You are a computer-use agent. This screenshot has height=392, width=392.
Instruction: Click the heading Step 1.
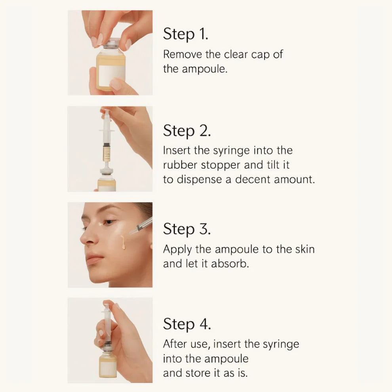click(x=185, y=34)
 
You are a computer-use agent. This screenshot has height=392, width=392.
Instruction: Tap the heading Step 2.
click(x=186, y=131)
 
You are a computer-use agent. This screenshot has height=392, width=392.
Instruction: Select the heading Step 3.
click(x=187, y=228)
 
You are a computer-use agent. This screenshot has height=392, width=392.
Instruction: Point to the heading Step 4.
click(x=187, y=324)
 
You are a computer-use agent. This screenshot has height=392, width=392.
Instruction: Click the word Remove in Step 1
click(x=183, y=54)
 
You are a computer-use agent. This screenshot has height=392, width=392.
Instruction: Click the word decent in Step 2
click(x=254, y=179)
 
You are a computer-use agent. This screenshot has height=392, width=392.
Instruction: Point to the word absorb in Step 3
click(x=230, y=264)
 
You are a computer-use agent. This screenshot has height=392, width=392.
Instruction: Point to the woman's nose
click(x=86, y=238)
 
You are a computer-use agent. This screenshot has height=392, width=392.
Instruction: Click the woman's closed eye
click(x=106, y=223)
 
